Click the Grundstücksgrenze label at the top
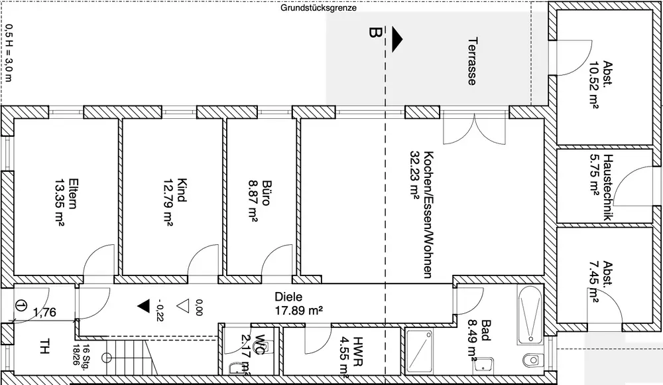[x=318, y=7]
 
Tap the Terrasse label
[x=473, y=62]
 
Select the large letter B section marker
[x=375, y=33]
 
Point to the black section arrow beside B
[x=396, y=39]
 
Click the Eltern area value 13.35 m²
[x=59, y=203]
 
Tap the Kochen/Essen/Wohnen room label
[x=428, y=214]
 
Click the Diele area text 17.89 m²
[x=299, y=311]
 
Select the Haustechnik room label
[x=607, y=187]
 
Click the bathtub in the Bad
[x=529, y=315]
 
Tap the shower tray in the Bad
[x=420, y=352]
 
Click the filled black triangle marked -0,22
[x=143, y=306]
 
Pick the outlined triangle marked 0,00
[x=183, y=306]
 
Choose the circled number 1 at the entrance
[x=21, y=305]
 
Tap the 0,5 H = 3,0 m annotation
[x=9, y=53]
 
